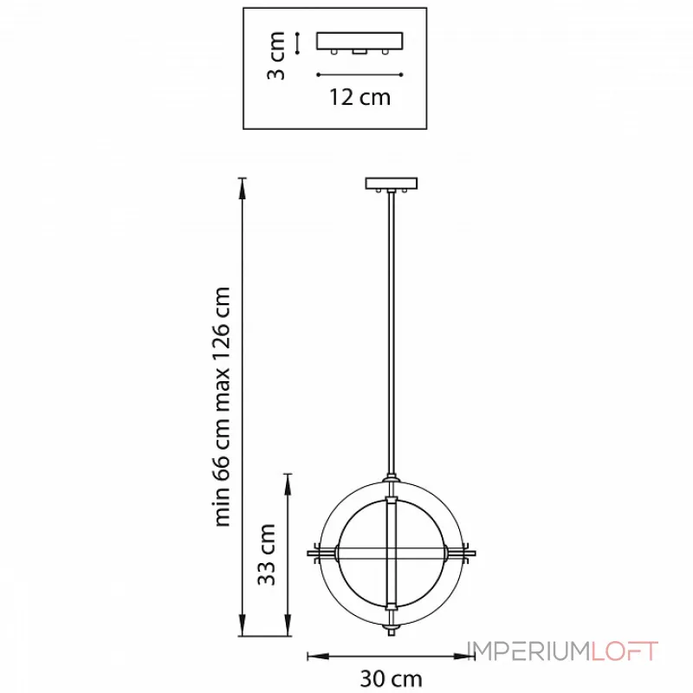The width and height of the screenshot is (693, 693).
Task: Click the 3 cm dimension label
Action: (x=276, y=55)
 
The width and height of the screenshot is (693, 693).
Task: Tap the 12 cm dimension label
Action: (x=359, y=97)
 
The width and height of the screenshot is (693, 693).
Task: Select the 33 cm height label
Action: (x=267, y=554)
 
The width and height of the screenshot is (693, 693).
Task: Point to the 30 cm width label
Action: (x=392, y=678)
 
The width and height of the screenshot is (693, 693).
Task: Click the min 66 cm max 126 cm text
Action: (x=222, y=406)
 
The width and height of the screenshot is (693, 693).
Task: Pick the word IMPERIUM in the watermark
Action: (x=528, y=651)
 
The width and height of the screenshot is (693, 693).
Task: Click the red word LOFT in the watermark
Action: (x=625, y=651)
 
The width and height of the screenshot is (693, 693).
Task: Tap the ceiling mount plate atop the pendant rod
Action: (x=392, y=183)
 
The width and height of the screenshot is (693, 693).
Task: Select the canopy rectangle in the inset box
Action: (x=359, y=41)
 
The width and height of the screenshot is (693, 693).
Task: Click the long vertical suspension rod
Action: (x=392, y=334)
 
